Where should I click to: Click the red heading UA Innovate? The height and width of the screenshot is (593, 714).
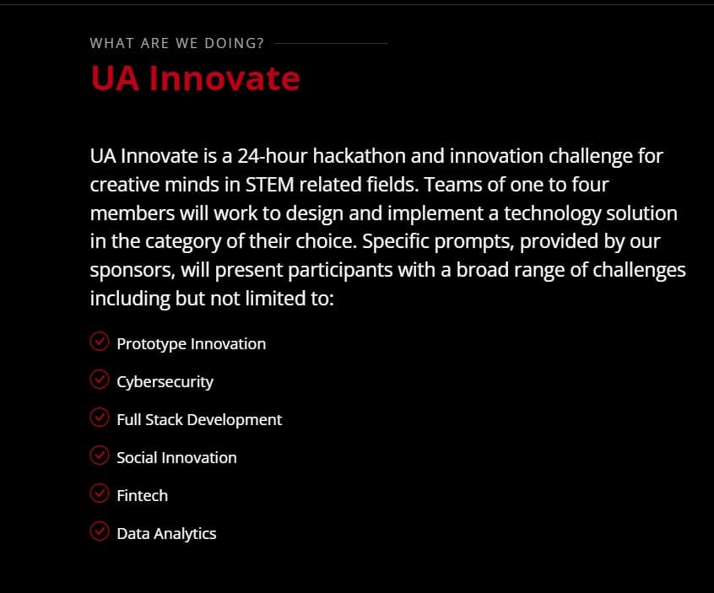195,78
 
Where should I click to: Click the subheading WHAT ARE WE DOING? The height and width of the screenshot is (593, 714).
176,43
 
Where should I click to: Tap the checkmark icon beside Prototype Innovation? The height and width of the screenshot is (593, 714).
100,342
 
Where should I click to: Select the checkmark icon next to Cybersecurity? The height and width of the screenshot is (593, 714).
100,380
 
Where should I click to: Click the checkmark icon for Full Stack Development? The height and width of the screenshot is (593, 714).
100,418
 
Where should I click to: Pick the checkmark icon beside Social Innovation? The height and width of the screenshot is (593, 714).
100,456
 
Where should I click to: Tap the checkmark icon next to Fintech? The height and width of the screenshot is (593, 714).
100,493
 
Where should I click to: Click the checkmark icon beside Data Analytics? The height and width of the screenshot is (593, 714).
100,531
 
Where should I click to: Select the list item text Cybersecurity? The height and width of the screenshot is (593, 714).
165,382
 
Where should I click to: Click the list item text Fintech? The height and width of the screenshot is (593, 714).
142,495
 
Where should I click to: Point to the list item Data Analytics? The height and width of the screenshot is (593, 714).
166,534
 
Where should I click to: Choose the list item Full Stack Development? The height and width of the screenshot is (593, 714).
199,419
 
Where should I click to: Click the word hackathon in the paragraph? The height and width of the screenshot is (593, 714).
360,156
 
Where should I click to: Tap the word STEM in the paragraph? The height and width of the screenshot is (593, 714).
269,185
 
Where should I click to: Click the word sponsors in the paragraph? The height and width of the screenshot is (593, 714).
133,271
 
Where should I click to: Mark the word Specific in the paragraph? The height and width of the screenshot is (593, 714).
396,241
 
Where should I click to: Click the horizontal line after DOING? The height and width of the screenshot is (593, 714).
331,44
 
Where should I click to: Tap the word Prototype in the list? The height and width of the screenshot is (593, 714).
152,344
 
